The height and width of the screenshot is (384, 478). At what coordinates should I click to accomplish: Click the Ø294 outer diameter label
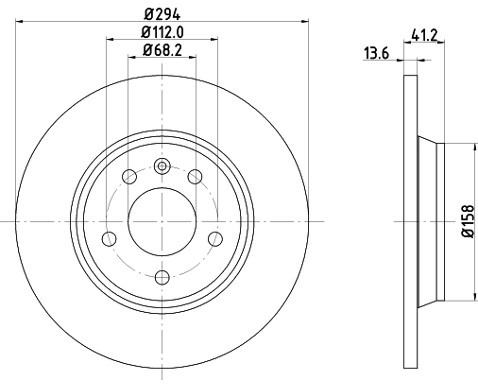(x=162, y=14)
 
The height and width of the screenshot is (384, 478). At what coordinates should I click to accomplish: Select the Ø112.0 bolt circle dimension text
(x=162, y=35)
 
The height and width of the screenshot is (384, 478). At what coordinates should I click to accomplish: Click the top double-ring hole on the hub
(x=162, y=166)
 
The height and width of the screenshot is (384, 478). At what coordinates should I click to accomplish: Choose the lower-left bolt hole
(x=110, y=239)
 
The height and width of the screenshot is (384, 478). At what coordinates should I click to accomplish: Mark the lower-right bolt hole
(x=213, y=239)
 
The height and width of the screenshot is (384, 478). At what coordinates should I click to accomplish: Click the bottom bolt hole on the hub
(x=162, y=276)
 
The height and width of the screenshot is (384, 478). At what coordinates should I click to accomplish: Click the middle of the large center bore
(x=162, y=220)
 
